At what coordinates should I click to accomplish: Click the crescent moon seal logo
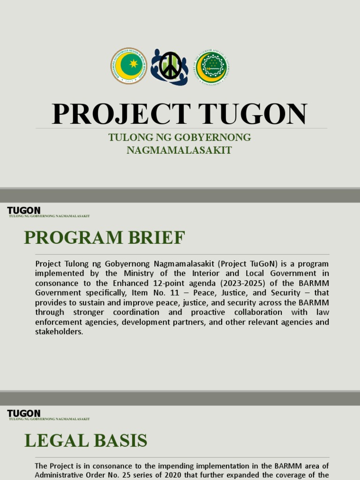tap(128, 66)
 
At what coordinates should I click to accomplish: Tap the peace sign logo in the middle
tap(170, 67)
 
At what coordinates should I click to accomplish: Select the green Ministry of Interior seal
tap(211, 67)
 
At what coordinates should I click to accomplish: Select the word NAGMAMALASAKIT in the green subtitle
tap(180, 150)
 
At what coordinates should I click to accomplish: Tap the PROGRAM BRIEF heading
tap(105, 238)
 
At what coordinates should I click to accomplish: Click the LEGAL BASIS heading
tap(86, 441)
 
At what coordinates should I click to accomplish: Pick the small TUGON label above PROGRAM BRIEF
tap(23, 210)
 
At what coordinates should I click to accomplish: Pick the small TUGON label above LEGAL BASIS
tap(23, 413)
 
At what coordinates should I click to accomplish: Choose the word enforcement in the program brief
tap(58, 322)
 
